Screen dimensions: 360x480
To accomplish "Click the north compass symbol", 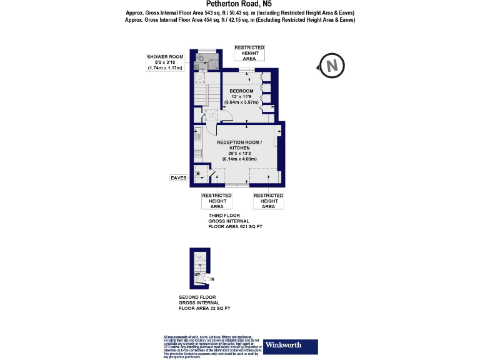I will click(x=331, y=64).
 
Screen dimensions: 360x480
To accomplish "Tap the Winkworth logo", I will click(x=291, y=346).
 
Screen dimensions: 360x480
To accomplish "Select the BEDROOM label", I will click(x=241, y=91).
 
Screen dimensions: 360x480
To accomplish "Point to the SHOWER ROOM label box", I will click(x=165, y=62).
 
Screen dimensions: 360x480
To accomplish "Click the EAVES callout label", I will click(x=179, y=178).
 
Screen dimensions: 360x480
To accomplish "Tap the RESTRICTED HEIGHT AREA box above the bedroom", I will click(x=249, y=53).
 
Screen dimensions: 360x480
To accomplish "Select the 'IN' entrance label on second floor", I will click(x=212, y=279).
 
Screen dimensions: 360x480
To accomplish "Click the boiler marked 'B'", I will click(x=198, y=174).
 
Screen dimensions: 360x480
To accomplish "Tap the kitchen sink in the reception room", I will click(x=197, y=134).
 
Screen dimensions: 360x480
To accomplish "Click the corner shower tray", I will click(x=213, y=62).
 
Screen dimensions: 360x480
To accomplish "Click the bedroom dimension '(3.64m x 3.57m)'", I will click(x=241, y=102).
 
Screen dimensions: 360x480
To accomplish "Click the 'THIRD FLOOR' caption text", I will click(x=224, y=216).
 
